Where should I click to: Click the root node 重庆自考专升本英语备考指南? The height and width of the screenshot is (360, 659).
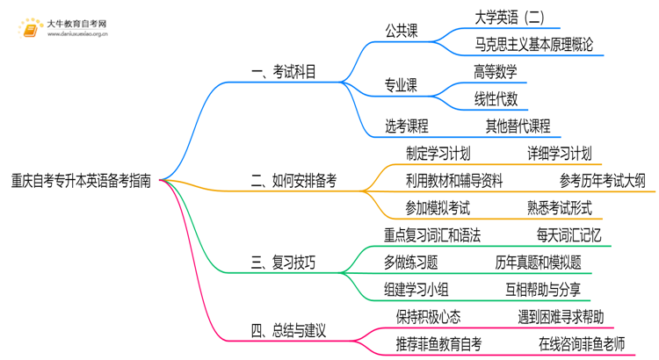point(81,182)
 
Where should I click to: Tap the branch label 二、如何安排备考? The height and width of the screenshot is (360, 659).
point(293,182)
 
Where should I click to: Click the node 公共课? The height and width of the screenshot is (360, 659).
point(402,31)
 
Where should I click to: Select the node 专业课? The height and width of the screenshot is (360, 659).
point(402,84)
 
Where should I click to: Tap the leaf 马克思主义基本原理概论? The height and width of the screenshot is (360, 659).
point(533,44)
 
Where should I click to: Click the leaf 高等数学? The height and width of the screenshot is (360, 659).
point(496,71)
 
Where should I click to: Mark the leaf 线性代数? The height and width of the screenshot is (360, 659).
point(496,97)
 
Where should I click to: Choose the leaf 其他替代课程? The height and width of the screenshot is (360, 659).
point(518,125)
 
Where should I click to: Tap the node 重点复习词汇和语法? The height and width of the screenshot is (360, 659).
point(432,235)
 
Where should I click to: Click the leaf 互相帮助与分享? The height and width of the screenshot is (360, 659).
point(542,289)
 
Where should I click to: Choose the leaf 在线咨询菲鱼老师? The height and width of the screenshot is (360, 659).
point(581,344)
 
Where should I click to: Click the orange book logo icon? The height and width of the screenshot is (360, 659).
point(31,28)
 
